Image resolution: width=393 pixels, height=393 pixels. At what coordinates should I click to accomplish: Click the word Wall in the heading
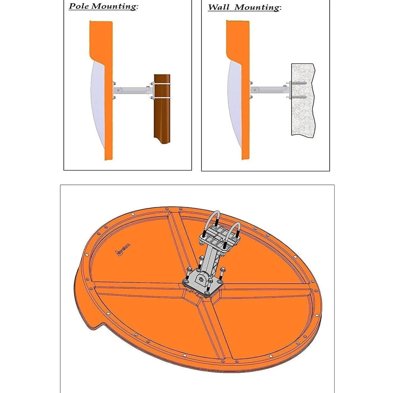[x=219, y=7]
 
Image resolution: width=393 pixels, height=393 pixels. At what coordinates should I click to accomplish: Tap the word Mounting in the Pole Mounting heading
[x=113, y=6]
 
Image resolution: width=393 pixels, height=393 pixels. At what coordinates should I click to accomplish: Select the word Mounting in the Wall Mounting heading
[x=257, y=7]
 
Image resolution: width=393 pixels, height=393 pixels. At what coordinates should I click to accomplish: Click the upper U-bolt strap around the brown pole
[x=162, y=84]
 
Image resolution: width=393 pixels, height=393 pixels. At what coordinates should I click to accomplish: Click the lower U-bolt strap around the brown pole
[x=162, y=97]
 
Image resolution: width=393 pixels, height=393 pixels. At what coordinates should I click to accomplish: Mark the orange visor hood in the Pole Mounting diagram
[x=101, y=41]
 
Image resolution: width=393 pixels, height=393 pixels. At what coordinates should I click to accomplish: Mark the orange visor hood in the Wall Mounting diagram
[x=238, y=41]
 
